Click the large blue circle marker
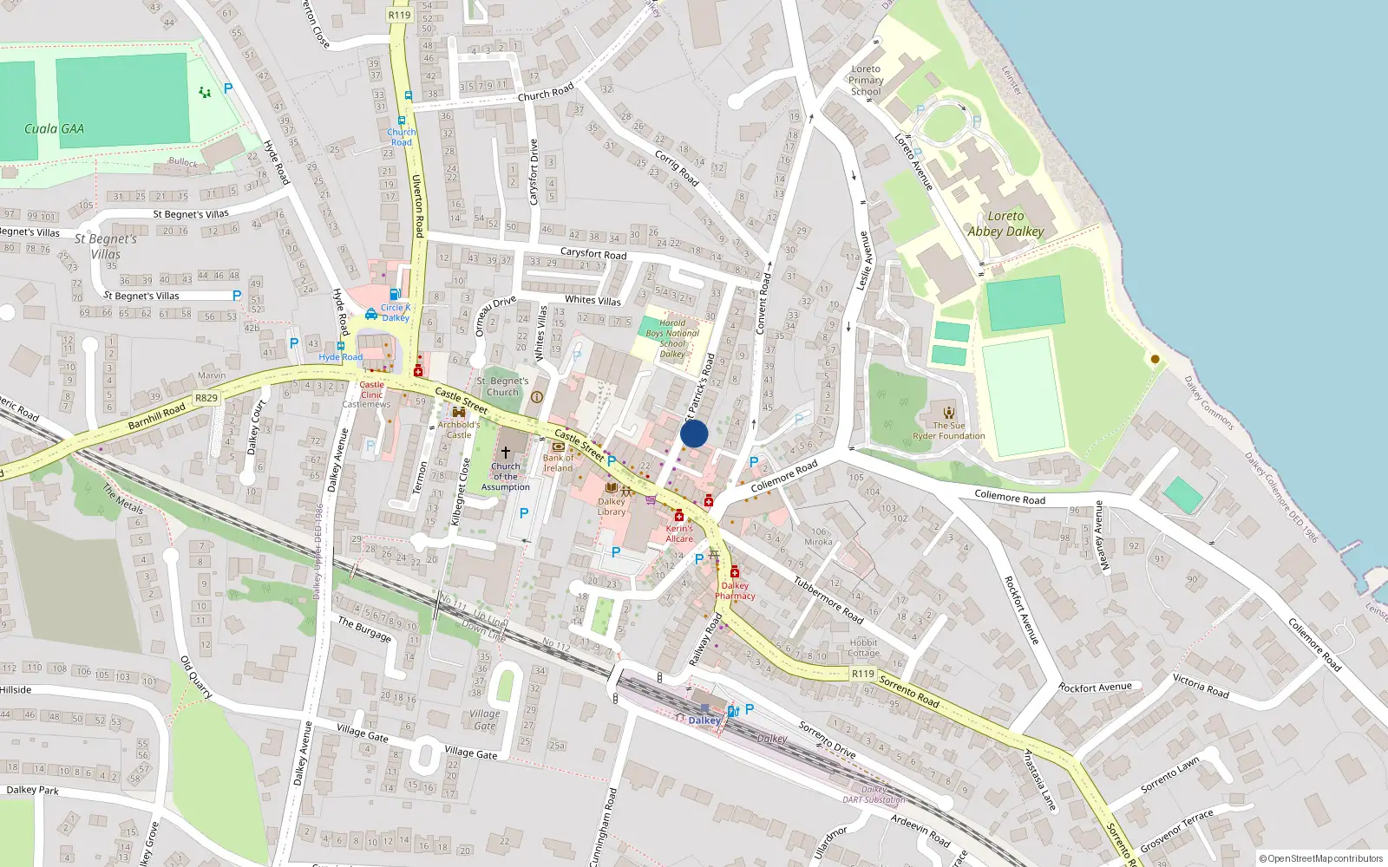pos(694,433)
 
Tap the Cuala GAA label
pos(54,129)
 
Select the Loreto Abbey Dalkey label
pos(1005,224)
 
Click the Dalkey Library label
pos(611,506)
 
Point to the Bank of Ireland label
pos(558,463)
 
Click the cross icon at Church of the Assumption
pos(506,452)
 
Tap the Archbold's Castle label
pos(458,429)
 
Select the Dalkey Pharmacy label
pos(735,590)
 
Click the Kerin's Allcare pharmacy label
pos(679,533)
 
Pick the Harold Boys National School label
pos(671,338)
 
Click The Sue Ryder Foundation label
pos(948,431)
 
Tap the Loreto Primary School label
pos(865,80)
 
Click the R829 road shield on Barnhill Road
pos(206,398)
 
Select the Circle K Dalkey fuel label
pos(395,312)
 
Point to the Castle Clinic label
pos(371,389)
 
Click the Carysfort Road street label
pos(593,254)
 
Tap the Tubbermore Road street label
pos(828,600)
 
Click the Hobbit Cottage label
pos(863,648)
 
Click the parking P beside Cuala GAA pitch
pos(228,88)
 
